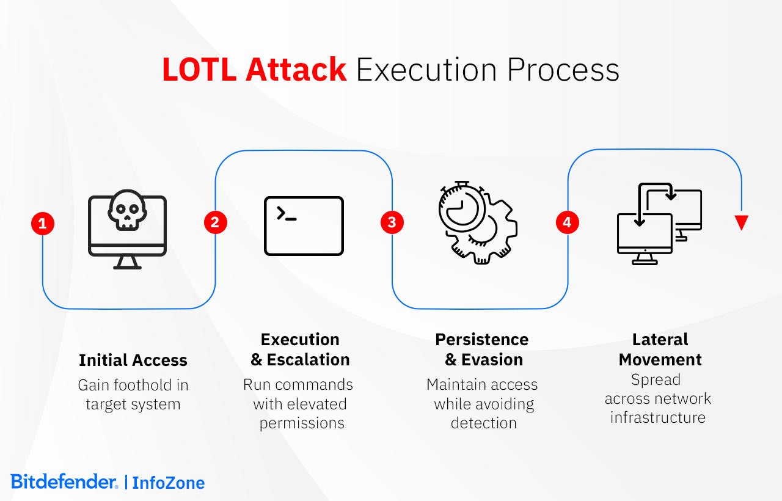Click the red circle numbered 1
(43, 224)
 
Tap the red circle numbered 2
(215, 223)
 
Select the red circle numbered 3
(392, 223)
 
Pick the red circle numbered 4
(567, 223)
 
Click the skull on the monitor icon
(127, 210)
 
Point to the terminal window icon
(304, 225)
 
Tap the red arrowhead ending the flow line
(742, 222)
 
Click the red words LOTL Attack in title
(254, 70)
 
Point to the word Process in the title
(563, 70)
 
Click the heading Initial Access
(133, 360)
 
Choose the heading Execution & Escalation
(300, 349)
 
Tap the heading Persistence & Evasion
(482, 349)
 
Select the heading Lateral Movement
(660, 349)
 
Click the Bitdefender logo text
(64, 481)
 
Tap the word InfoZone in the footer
(169, 483)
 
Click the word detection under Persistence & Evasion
(483, 423)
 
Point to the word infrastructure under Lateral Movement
(658, 417)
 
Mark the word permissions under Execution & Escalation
(302, 423)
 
